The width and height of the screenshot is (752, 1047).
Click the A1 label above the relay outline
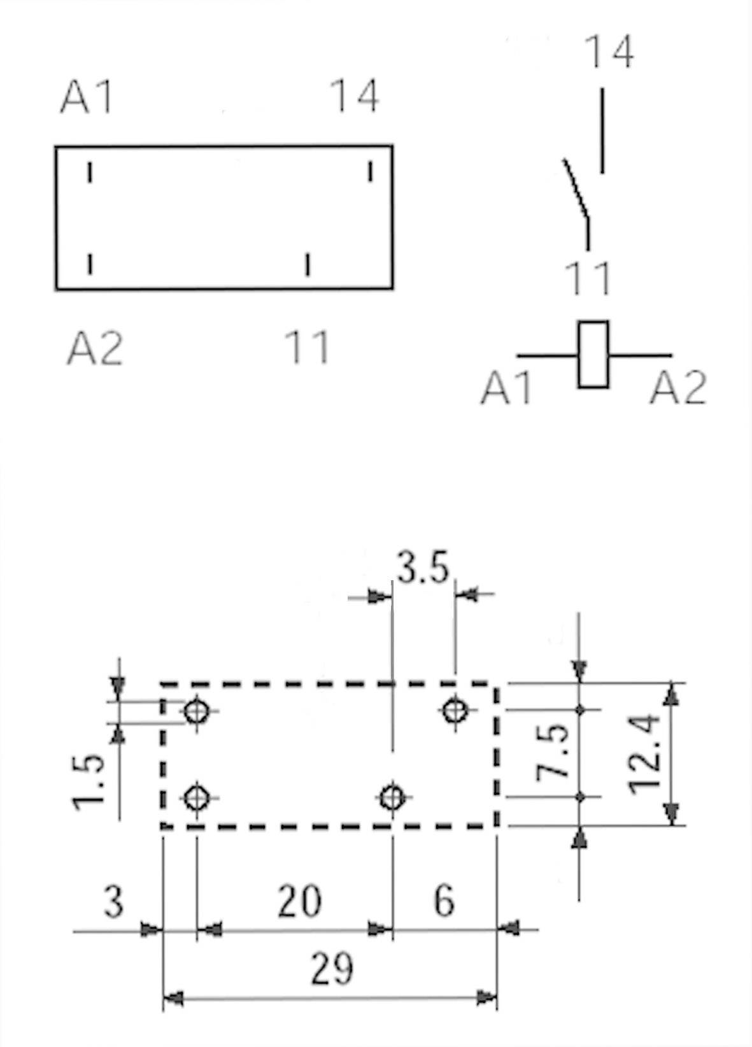tap(87, 97)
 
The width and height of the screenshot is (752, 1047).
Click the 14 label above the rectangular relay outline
tap(355, 96)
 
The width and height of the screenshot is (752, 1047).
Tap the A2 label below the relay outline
tap(95, 348)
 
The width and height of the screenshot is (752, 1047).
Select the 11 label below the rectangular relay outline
tap(308, 348)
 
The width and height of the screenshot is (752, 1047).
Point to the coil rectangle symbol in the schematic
tap(593, 355)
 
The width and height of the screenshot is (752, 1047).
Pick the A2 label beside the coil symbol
tap(678, 388)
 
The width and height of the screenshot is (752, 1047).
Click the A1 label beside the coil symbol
tap(507, 388)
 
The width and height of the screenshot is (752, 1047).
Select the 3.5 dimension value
tap(423, 567)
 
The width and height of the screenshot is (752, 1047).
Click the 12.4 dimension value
tap(644, 754)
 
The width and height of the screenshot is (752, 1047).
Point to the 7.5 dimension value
tap(552, 753)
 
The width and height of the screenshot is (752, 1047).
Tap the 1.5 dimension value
tap(87, 783)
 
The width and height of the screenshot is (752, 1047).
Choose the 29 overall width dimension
tap(332, 969)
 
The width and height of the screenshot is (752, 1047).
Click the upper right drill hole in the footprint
tap(455, 709)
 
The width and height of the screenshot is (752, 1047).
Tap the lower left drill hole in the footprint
tap(197, 796)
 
